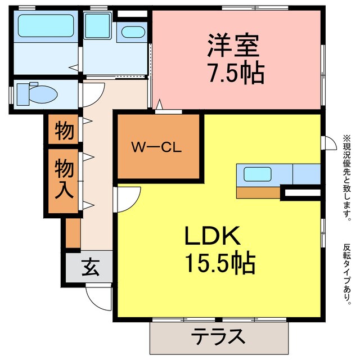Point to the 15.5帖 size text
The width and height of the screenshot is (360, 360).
220,262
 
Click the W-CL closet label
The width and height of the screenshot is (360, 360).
155,148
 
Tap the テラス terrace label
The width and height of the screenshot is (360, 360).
219,337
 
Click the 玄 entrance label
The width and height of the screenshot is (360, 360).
92,267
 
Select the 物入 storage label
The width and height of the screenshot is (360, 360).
63,179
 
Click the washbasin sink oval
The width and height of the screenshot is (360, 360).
133,31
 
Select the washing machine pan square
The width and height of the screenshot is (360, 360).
99,24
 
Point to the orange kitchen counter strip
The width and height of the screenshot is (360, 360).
258,193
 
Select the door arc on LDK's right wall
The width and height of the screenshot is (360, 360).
328,143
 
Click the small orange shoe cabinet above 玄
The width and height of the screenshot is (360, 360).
73,233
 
